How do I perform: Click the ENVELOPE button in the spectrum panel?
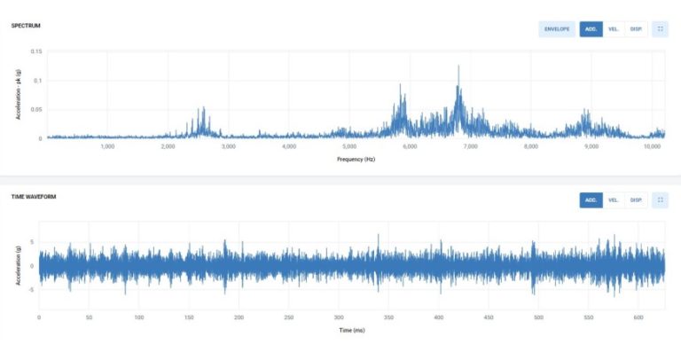coord(557,29)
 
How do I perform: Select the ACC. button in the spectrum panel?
coord(591,29)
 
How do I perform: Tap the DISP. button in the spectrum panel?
coord(636,29)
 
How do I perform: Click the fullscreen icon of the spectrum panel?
coord(661,29)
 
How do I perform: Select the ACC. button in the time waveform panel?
coord(591,200)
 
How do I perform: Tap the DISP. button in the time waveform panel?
coord(636,200)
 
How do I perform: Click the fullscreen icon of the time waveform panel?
coord(661,200)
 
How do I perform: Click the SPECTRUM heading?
coord(26,26)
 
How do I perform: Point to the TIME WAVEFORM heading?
coord(34,197)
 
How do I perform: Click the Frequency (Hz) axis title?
coord(356,159)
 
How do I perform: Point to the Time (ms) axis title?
coord(351,330)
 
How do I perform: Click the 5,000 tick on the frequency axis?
coord(349,146)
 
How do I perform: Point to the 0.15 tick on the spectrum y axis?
coord(36,51)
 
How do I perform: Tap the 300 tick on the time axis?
coord(338,317)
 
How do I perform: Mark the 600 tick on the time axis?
coord(538,317)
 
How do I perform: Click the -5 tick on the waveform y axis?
coord(32,288)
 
